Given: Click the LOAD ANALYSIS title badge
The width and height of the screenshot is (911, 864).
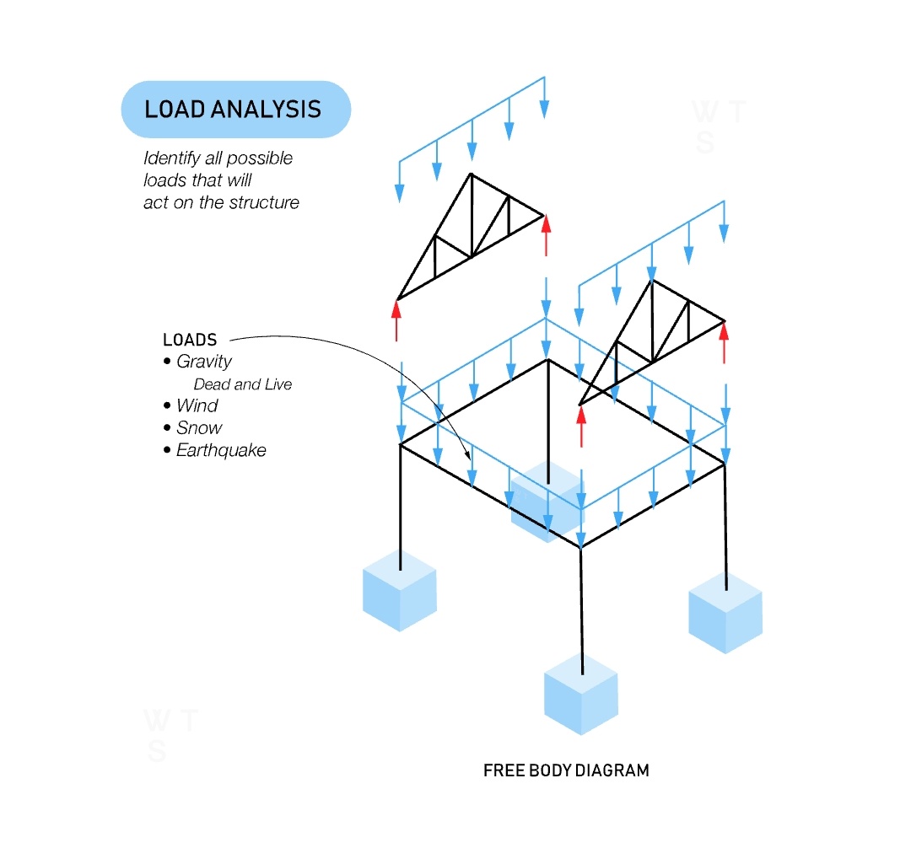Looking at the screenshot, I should tap(235, 110).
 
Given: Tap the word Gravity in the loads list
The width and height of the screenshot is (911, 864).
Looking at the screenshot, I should tap(204, 362).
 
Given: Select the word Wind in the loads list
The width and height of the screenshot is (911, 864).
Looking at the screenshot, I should tap(197, 405).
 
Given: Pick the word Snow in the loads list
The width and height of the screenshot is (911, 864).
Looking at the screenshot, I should tap(199, 428).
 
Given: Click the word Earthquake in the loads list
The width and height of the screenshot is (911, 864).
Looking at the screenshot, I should tap(221, 450).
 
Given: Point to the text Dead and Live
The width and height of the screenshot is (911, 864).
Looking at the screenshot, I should tap(243, 384).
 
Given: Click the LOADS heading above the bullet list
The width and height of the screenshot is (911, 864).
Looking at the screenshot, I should tap(190, 340).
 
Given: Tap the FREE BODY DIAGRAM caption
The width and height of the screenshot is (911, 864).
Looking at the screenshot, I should tap(566, 770).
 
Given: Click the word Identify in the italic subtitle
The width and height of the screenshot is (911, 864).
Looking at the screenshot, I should tap(170, 158).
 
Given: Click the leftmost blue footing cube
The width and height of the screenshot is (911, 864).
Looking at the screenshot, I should tap(399, 589).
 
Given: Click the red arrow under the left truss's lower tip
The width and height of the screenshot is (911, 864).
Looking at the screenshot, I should tap(396, 320).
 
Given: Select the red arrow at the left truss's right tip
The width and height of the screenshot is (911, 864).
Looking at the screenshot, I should tap(546, 235).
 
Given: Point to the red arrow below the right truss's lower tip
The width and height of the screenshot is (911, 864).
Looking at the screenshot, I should tap(581, 426).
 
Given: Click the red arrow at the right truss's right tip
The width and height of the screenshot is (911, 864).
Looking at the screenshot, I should tap(724, 342).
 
